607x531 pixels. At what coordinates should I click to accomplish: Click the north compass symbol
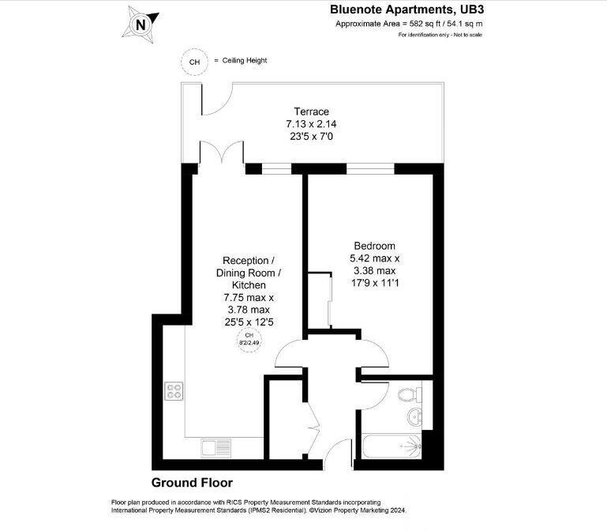pyautogui.click(x=141, y=24)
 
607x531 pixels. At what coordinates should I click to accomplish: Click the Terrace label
pyautogui.click(x=307, y=111)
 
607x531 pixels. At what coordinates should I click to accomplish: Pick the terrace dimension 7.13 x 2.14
pyautogui.click(x=307, y=124)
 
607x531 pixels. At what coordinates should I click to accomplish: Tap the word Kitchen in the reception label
pyautogui.click(x=249, y=284)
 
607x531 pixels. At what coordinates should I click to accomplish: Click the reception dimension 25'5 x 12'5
pyautogui.click(x=249, y=322)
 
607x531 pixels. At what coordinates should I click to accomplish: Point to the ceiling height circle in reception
pyautogui.click(x=249, y=340)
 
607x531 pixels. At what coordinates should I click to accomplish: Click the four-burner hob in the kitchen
pyautogui.click(x=174, y=391)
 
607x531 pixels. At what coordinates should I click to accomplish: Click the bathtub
pyautogui.click(x=390, y=448)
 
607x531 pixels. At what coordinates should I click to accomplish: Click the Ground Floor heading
pyautogui.click(x=192, y=482)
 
